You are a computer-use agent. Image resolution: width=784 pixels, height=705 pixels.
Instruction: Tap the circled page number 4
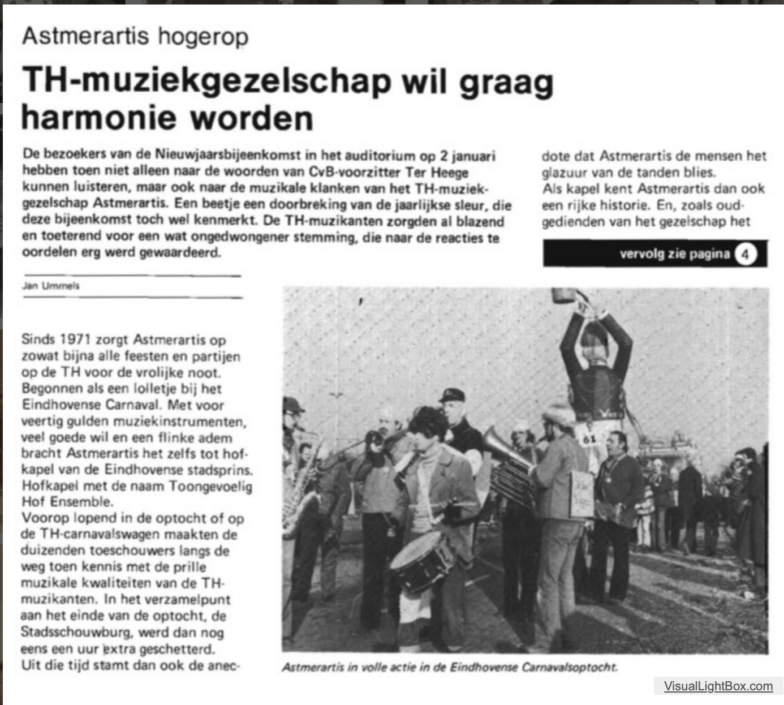(x=746, y=254)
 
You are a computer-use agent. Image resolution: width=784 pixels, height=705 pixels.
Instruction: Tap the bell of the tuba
(x=496, y=450)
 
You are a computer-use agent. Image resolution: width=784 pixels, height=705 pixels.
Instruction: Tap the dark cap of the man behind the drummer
(x=451, y=395)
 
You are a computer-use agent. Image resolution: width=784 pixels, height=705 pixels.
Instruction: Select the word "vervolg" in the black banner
(x=642, y=254)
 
